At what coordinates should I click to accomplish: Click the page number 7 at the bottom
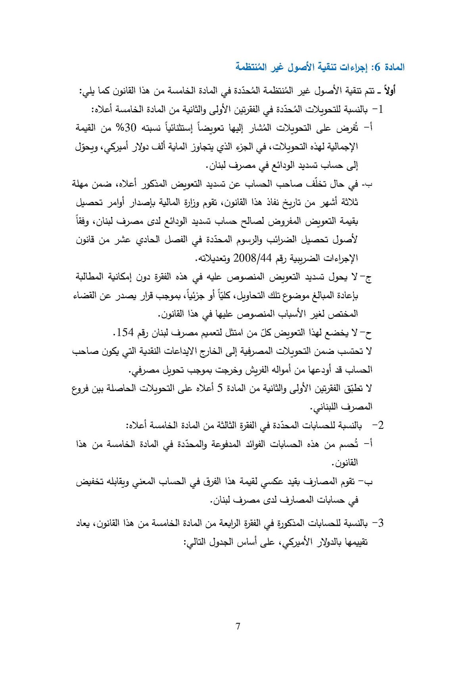(x=238, y=626)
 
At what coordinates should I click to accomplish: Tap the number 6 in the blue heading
(x=378, y=67)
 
